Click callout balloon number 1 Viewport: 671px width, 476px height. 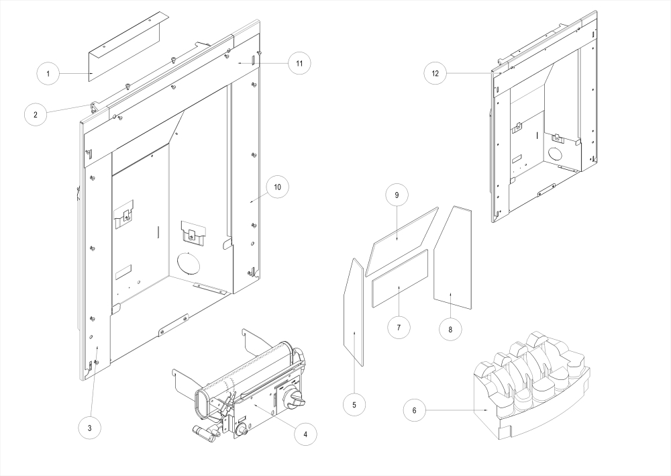pos(48,73)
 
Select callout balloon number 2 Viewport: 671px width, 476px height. pos(36,114)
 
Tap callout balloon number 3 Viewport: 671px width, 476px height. pos(89,427)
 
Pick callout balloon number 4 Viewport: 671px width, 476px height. pos(305,434)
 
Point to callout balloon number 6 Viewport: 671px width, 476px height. pos(414,410)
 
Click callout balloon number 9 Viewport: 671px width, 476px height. pos(397,195)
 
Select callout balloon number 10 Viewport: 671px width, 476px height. pos(278,186)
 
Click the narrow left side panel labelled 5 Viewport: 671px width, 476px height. pos(353,312)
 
